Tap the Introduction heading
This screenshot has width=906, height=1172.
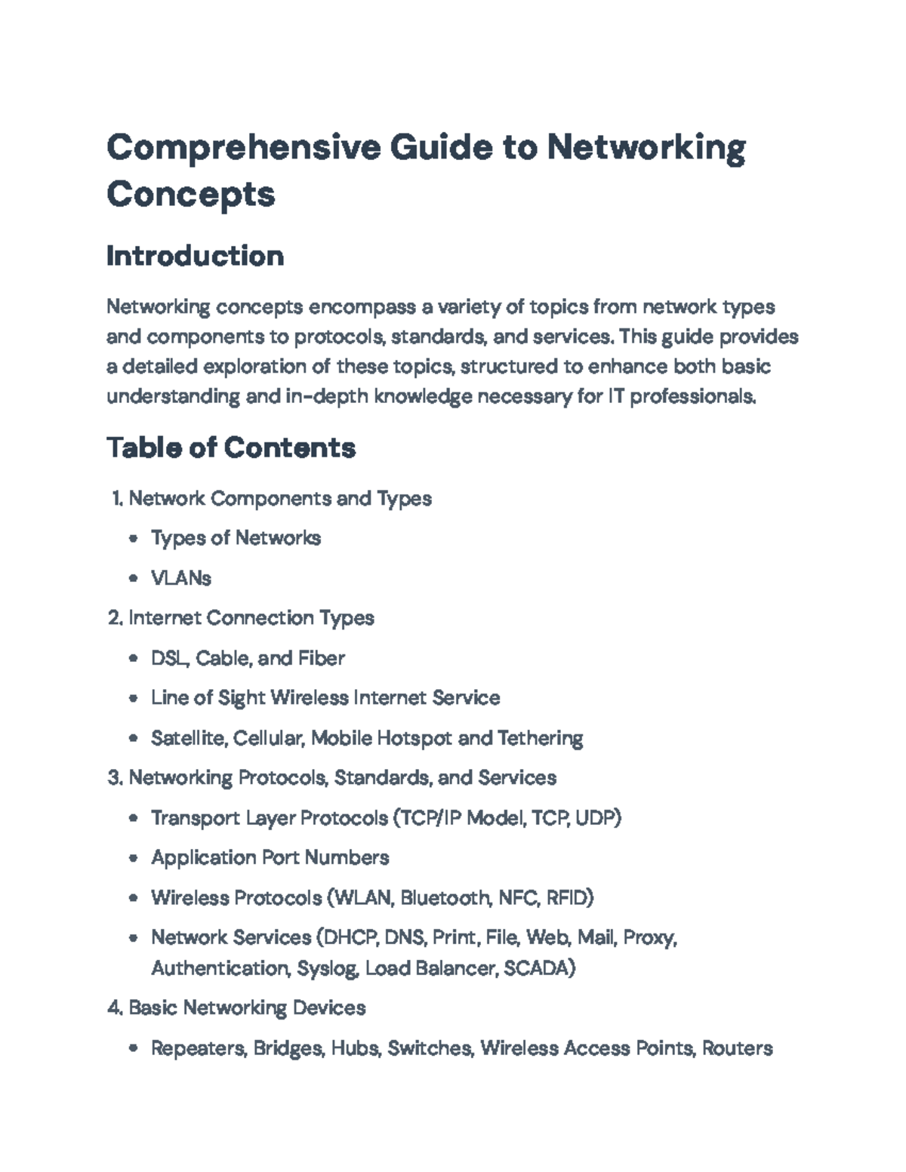click(x=195, y=256)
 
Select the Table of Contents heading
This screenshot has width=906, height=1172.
click(x=230, y=448)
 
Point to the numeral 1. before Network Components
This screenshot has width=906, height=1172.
click(x=116, y=499)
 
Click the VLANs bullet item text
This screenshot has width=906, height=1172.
click(x=181, y=578)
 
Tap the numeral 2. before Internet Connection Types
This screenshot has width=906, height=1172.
click(x=116, y=618)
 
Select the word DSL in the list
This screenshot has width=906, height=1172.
click(x=168, y=658)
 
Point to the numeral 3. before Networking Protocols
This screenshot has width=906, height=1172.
click(x=116, y=778)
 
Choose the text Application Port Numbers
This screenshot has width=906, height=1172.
click(x=270, y=857)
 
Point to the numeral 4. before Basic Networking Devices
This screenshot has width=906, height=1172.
click(x=116, y=1008)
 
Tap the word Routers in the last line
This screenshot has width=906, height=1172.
click(x=737, y=1048)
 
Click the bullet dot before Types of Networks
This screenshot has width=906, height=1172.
click(x=134, y=539)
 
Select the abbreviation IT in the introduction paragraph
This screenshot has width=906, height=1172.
click(x=616, y=396)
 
